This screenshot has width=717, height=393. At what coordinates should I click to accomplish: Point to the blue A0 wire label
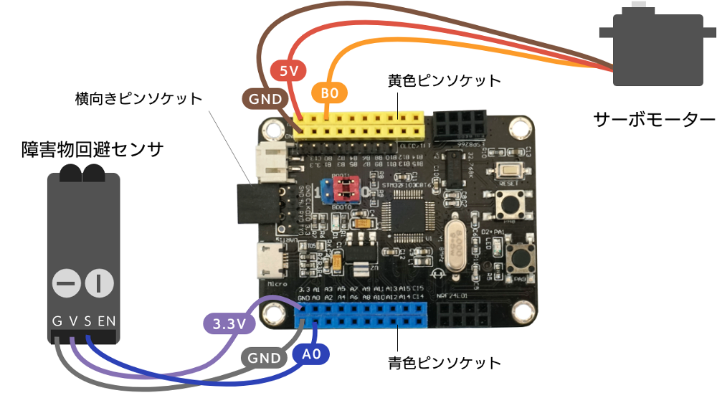(310, 353)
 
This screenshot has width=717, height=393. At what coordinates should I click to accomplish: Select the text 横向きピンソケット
(138, 98)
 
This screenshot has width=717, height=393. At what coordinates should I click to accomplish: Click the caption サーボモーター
(654, 119)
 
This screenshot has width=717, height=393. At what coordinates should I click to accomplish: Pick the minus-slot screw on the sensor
(66, 283)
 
